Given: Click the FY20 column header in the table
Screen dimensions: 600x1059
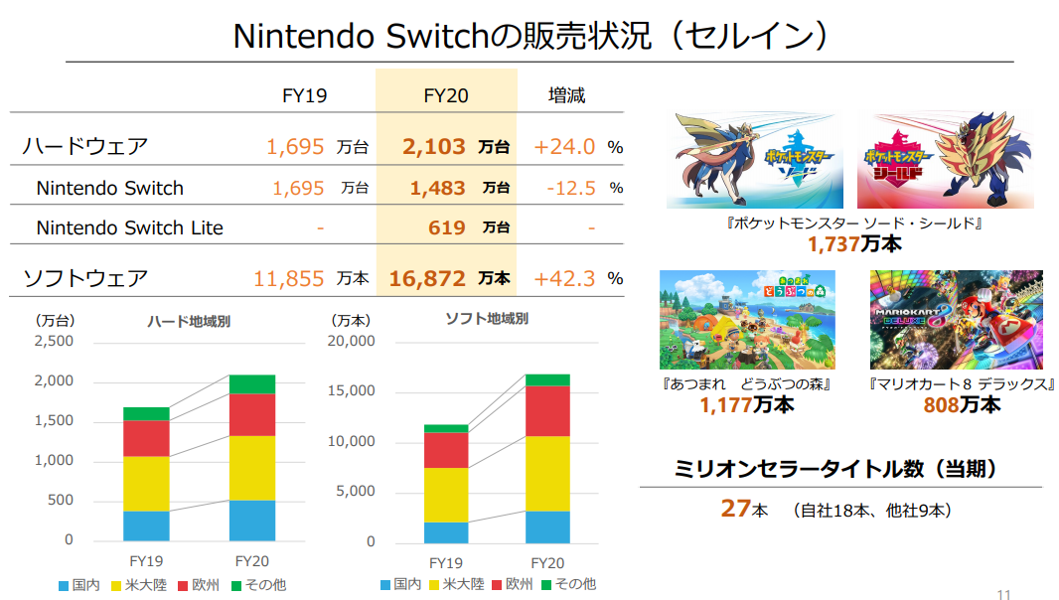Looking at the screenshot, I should click(x=446, y=95).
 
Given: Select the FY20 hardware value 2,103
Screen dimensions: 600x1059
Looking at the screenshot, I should click(x=434, y=147).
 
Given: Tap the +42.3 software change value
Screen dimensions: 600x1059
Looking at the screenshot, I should click(x=564, y=278).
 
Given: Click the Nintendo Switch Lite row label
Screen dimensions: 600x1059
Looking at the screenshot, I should click(x=129, y=227).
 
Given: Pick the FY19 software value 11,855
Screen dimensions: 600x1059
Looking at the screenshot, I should click(x=289, y=278).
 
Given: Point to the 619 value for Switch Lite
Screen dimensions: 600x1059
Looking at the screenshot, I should click(x=447, y=227).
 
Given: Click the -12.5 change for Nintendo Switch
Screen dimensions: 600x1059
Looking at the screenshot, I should click(x=570, y=188).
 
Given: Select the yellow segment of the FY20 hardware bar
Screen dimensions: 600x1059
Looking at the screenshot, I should click(x=251, y=468).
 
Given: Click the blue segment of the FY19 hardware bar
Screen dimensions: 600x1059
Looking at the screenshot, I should click(x=146, y=525).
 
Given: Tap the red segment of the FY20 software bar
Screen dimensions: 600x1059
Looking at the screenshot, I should click(x=547, y=410).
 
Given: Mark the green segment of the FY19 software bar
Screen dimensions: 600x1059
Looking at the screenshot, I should click(x=446, y=428).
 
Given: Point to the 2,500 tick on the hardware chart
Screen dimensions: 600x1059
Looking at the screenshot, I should click(x=55, y=342).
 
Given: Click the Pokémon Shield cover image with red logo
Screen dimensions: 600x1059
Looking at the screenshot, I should click(x=945, y=160).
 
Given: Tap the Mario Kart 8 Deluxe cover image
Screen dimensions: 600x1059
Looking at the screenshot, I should click(x=956, y=320).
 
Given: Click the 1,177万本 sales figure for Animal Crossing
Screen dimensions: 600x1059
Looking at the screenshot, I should click(x=746, y=404).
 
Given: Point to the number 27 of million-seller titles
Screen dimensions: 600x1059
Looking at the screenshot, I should click(x=734, y=509).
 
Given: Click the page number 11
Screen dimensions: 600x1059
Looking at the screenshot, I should click(x=1003, y=594).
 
